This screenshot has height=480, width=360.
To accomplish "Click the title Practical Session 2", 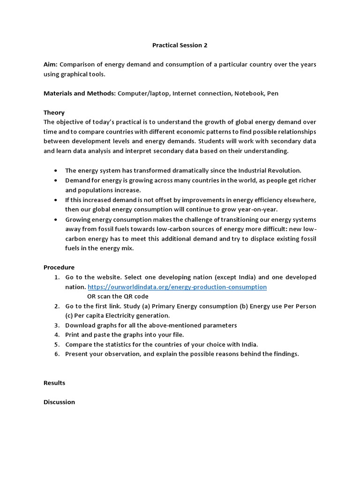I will coord(180,45).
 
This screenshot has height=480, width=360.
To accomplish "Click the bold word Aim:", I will coord(51,64).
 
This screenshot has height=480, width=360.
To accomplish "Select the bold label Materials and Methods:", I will coord(80,93).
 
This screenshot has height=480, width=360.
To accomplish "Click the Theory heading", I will coord(54,112).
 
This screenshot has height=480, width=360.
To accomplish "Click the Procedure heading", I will coord(59,267).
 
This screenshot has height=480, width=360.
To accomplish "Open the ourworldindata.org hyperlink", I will coord(177,287).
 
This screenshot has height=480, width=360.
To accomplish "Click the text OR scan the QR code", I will coord(118,296).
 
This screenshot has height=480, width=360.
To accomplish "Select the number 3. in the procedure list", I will coord(56,325).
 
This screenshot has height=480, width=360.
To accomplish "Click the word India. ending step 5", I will coord(249,344).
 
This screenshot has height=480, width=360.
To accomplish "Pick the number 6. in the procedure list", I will coord(56,354).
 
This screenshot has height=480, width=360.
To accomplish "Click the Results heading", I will coord(54,383).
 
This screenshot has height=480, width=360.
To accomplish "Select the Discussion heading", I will coord(59,402).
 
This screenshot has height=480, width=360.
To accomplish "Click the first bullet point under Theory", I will coord(56,171).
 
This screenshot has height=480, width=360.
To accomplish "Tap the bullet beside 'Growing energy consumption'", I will coord(56,219).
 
